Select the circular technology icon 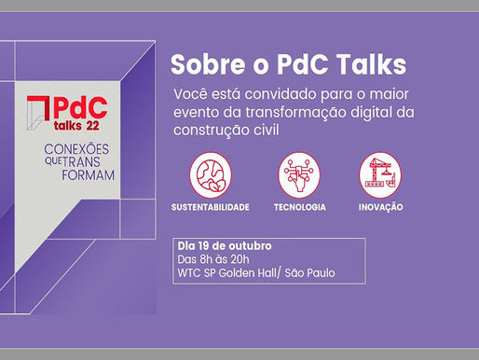tap(299, 174)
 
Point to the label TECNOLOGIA tap(299, 206)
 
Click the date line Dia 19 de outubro tap(223, 246)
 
